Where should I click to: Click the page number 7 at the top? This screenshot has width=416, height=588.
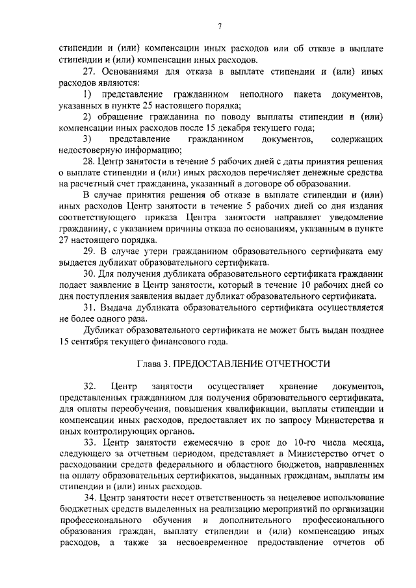point(220,25)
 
